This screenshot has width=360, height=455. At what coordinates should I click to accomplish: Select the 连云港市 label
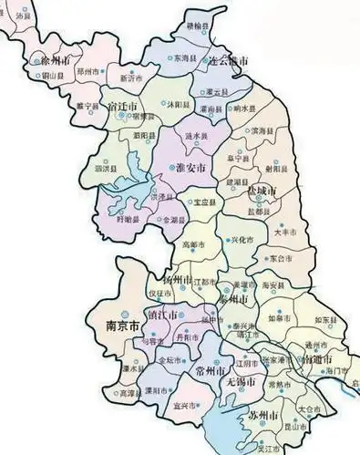[x=228, y=61]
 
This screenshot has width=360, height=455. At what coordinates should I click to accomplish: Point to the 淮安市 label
[x=190, y=170]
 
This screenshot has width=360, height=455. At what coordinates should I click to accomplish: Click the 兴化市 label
[x=240, y=240]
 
